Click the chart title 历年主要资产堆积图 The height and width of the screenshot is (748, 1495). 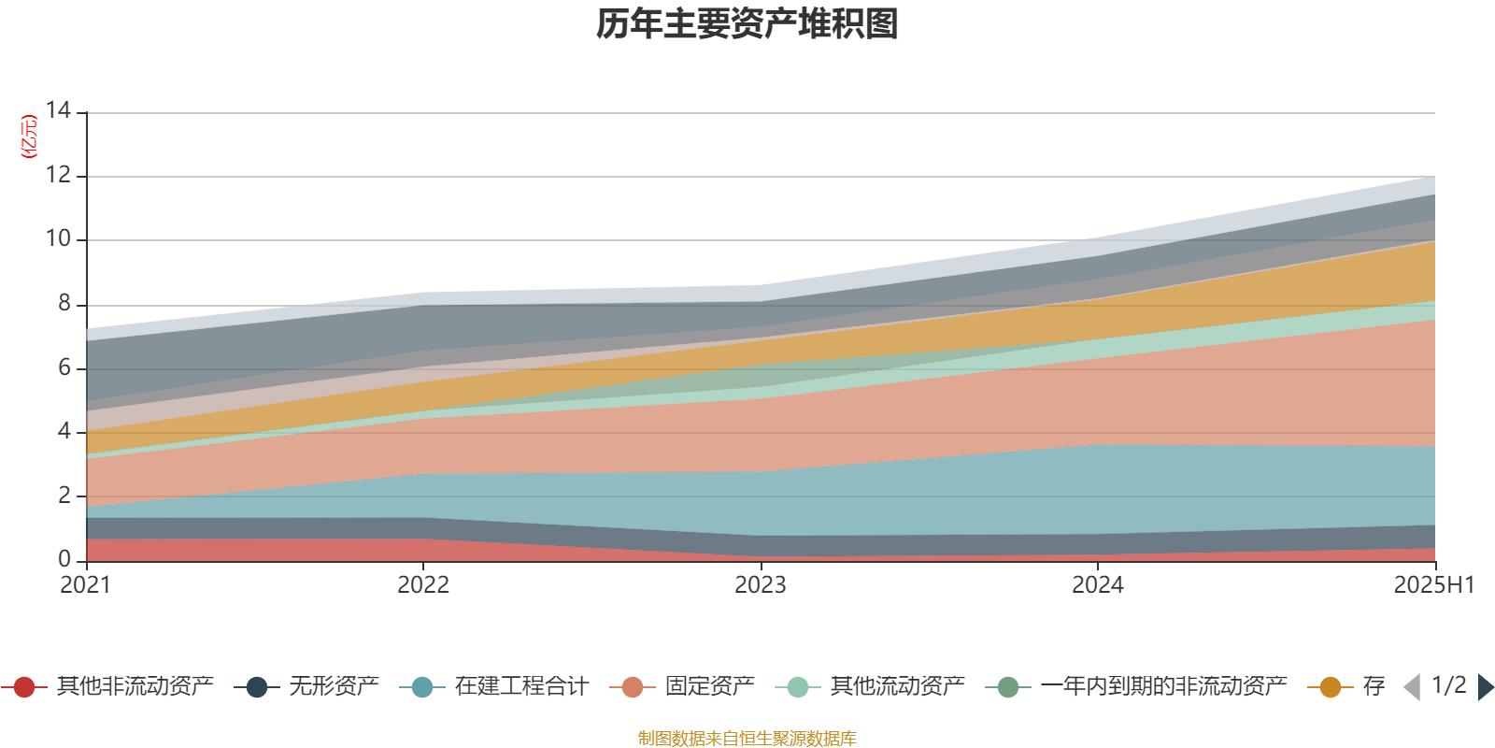(747, 24)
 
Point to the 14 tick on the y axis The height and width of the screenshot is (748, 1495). (59, 110)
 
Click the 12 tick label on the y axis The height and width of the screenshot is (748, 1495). (59, 175)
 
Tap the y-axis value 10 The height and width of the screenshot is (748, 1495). (59, 238)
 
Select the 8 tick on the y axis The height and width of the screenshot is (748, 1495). (64, 303)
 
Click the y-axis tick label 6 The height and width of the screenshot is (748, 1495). (64, 367)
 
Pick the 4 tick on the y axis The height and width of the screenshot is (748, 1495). (64, 431)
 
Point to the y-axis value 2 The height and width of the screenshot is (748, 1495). (64, 496)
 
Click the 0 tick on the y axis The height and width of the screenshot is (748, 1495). (64, 559)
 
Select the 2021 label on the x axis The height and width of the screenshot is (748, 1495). (85, 585)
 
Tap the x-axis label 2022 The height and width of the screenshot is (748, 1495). (423, 585)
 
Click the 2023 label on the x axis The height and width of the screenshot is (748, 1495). (761, 585)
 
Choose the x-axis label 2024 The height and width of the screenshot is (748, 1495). (1098, 585)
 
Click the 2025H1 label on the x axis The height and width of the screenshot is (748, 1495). (1432, 585)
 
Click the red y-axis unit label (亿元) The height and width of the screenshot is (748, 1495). (29, 137)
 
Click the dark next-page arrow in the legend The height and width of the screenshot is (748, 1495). (1485, 687)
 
